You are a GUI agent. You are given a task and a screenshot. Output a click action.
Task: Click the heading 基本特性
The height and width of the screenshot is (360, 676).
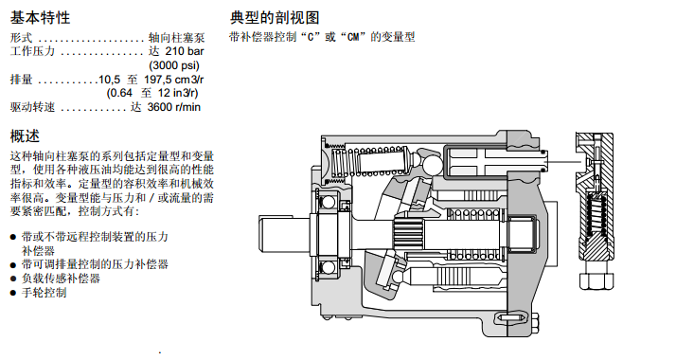click(x=40, y=18)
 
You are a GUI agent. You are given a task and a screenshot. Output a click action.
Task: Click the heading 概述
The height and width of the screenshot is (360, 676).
click(x=25, y=136)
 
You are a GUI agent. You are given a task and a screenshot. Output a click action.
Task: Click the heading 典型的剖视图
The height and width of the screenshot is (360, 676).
click(x=275, y=18)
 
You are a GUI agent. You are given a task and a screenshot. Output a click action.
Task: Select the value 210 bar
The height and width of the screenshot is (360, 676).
click(x=185, y=51)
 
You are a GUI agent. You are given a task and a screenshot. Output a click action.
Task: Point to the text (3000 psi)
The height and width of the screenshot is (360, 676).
click(x=174, y=65)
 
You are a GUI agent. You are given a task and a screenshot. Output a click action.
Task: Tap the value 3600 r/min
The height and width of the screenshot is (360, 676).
click(x=174, y=107)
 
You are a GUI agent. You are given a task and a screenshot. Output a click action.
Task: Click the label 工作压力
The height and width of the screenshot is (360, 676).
click(x=33, y=51)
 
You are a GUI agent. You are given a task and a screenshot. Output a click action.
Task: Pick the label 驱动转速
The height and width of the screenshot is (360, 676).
click(x=33, y=107)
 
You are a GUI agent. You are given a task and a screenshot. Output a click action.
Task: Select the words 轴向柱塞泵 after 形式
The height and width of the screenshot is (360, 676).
click(x=176, y=38)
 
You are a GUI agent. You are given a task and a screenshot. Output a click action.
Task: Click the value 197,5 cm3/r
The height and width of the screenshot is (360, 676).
click(x=174, y=80)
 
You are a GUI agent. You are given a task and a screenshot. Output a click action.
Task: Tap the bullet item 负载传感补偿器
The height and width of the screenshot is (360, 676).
click(x=61, y=279)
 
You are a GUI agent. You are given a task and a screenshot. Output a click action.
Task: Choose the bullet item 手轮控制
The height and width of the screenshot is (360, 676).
click(x=44, y=293)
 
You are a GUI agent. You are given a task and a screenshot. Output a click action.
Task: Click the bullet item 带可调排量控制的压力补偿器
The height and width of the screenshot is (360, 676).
click(x=95, y=264)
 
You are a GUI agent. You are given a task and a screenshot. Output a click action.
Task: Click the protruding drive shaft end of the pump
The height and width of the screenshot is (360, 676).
click(x=284, y=233)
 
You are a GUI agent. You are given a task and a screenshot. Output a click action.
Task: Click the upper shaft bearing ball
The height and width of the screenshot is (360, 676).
click(x=329, y=202)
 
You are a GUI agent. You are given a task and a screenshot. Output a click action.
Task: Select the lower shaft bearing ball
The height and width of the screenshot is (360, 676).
click(x=329, y=267)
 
